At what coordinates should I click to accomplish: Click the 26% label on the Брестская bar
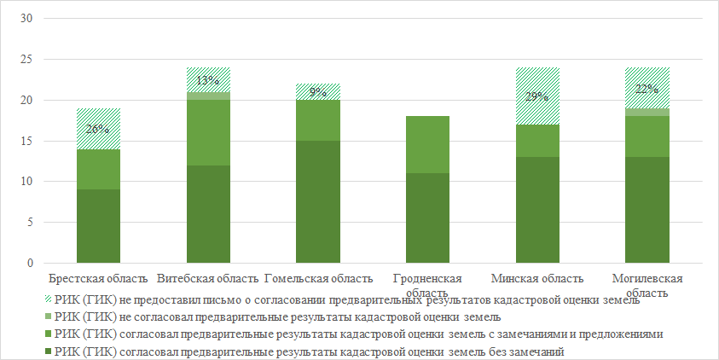pos(98,130)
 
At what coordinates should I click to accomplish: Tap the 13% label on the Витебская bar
pos(208,81)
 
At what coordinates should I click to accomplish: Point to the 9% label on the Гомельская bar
pos(318,92)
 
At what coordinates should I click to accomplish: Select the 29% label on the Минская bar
pos(536,97)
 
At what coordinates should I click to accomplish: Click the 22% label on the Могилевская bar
pos(647,89)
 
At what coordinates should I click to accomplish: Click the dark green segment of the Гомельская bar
pos(317,201)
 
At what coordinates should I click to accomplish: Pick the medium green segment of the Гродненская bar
pos(427,145)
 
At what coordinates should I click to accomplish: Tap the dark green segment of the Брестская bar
pos(98,226)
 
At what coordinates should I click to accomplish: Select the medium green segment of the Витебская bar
pos(208,132)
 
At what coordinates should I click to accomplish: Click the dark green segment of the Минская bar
pos(537,210)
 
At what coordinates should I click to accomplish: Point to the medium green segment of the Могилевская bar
pos(647,136)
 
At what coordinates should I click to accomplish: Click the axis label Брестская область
pos(98,278)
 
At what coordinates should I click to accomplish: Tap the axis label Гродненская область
pos(427,285)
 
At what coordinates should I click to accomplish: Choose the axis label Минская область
pos(537,278)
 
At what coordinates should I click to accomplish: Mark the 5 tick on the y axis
pos(29,223)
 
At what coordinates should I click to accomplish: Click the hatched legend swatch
pos(46,299)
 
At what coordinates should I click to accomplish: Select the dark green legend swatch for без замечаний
pos(46,351)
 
